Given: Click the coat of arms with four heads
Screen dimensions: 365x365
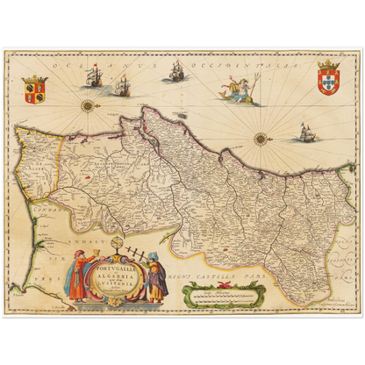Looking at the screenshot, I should click(36, 89).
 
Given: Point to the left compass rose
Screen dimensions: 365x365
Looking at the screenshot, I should click(88, 106).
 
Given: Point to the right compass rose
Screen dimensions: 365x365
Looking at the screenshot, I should click(261, 137).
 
